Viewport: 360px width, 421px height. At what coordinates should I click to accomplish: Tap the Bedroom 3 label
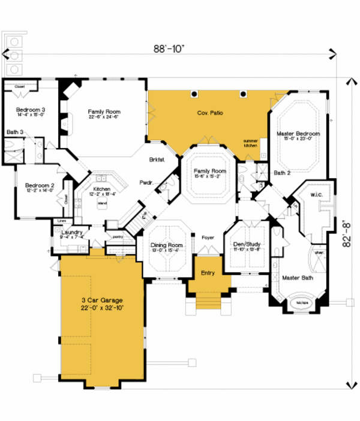point(30,110)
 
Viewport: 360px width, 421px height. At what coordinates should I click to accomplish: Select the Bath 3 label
point(15,131)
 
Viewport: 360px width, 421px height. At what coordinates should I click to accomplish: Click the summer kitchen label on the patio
point(250,143)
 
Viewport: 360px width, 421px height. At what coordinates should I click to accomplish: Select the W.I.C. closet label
point(317,194)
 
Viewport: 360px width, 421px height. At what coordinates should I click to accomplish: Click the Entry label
point(208,273)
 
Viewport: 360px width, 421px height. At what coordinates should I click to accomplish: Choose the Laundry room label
point(72,231)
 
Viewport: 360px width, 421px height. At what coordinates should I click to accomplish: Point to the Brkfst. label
point(158,160)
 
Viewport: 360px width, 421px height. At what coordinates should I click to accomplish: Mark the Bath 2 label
point(283,173)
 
